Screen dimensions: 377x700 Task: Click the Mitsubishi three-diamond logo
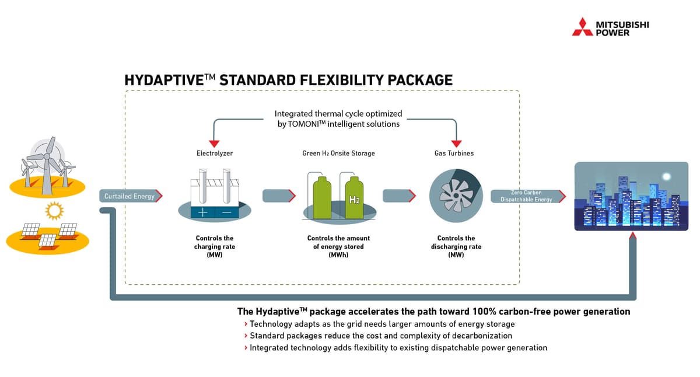tap(582, 27)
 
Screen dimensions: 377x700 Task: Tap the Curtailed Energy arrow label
tap(130, 196)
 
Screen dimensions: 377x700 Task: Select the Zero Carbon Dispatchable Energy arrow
tap(527, 196)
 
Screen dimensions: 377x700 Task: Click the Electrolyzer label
tap(215, 153)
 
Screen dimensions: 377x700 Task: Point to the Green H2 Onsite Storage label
tap(338, 153)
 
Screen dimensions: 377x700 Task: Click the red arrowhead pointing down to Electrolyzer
tap(214, 142)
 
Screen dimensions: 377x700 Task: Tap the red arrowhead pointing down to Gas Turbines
tap(457, 142)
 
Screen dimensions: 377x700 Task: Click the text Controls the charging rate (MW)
tap(215, 246)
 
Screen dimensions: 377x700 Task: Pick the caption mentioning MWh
tap(338, 246)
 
